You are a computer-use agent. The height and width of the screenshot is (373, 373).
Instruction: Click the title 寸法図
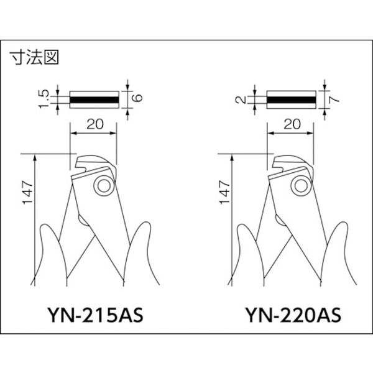[34, 57]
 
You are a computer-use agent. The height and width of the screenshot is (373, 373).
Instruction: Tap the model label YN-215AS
[95, 315]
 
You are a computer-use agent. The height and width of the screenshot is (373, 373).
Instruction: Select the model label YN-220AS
[293, 315]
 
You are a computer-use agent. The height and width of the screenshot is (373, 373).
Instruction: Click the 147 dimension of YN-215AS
[27, 193]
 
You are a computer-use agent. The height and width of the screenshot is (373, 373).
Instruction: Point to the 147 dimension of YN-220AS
[224, 193]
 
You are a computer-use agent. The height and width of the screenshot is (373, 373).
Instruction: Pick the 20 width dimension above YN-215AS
[95, 124]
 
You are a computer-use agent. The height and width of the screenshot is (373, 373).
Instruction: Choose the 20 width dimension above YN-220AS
[292, 124]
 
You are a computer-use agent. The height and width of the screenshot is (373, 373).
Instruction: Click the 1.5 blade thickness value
[44, 99]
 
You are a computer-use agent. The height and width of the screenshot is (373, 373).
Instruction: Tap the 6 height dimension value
[139, 98]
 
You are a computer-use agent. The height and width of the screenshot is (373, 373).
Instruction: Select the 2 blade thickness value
[241, 99]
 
